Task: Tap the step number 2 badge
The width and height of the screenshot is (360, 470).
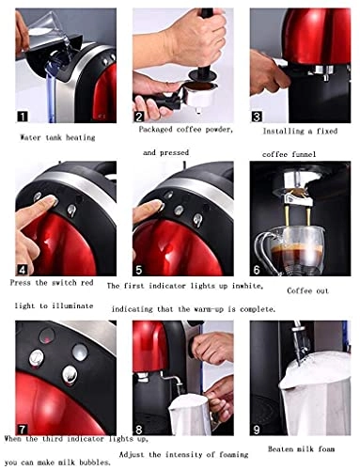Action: [x=140, y=116]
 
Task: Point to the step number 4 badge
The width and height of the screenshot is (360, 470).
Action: [x=23, y=269]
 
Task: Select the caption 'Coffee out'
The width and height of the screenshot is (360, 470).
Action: [x=308, y=290]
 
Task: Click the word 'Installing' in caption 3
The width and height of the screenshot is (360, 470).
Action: [x=283, y=132]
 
